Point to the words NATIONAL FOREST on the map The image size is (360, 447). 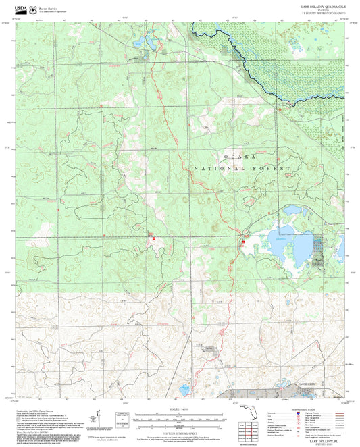(243, 168)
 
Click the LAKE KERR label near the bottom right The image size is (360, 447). (308, 384)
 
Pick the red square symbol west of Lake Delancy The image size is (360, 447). (244, 240)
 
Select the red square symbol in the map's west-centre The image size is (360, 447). (154, 238)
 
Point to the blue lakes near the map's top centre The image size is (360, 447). (146, 46)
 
